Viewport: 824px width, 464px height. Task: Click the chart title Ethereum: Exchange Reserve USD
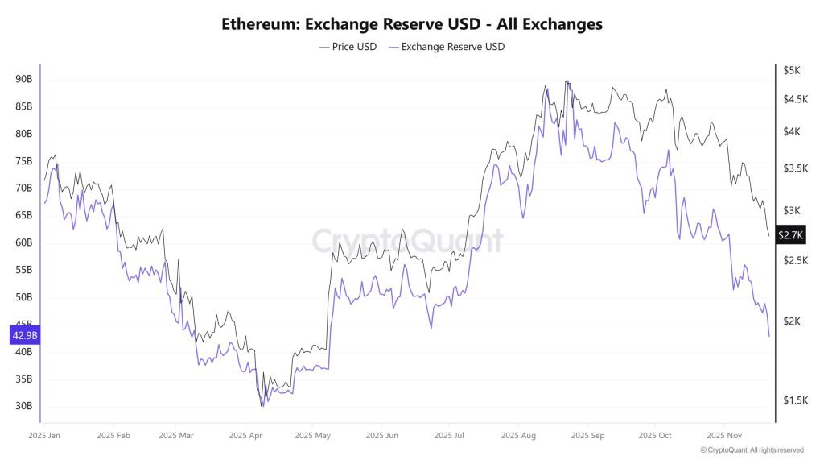click(x=412, y=24)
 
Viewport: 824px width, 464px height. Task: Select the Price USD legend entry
click(x=348, y=47)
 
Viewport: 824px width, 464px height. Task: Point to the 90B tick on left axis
click(x=23, y=79)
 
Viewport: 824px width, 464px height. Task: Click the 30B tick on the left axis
click(x=23, y=406)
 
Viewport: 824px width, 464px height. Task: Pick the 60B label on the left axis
click(x=23, y=242)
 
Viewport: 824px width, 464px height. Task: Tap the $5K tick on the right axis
click(x=792, y=70)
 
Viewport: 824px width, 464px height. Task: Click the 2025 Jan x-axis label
click(x=45, y=435)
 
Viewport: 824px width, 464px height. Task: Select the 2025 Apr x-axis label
click(x=247, y=435)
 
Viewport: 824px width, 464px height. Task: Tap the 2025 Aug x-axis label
click(x=519, y=435)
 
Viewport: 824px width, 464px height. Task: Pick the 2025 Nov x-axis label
click(x=723, y=435)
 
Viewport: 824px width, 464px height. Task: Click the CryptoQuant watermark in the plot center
click(x=407, y=241)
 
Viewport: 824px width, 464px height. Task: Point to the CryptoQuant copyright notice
click(x=752, y=450)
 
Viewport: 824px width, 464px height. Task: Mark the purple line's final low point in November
click(x=769, y=336)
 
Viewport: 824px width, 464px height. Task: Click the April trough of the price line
click(x=262, y=404)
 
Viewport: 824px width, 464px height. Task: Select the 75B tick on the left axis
click(x=23, y=161)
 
